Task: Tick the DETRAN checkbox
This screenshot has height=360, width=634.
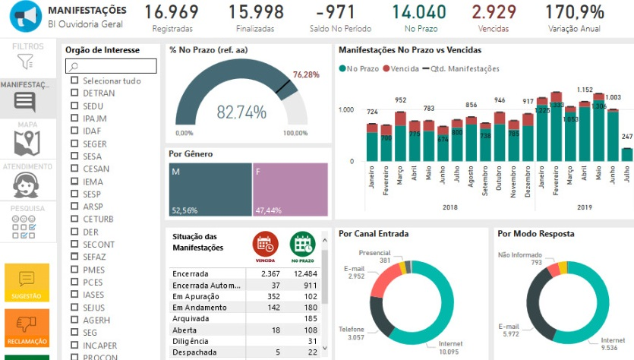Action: coord(74,93)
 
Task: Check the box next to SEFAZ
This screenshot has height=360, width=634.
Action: coord(74,257)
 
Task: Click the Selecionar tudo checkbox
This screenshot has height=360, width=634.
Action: coord(74,81)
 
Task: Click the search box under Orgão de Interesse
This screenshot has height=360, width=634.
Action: coord(111,66)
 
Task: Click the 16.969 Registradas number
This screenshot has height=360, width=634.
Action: coord(172,13)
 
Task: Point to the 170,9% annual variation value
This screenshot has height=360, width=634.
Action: coord(575,13)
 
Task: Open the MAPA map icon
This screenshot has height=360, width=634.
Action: coord(27,141)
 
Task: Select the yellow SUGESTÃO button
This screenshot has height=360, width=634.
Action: coord(27,281)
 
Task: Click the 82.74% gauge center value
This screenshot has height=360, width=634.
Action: coord(241,112)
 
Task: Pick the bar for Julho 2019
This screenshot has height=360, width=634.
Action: coord(626,153)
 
